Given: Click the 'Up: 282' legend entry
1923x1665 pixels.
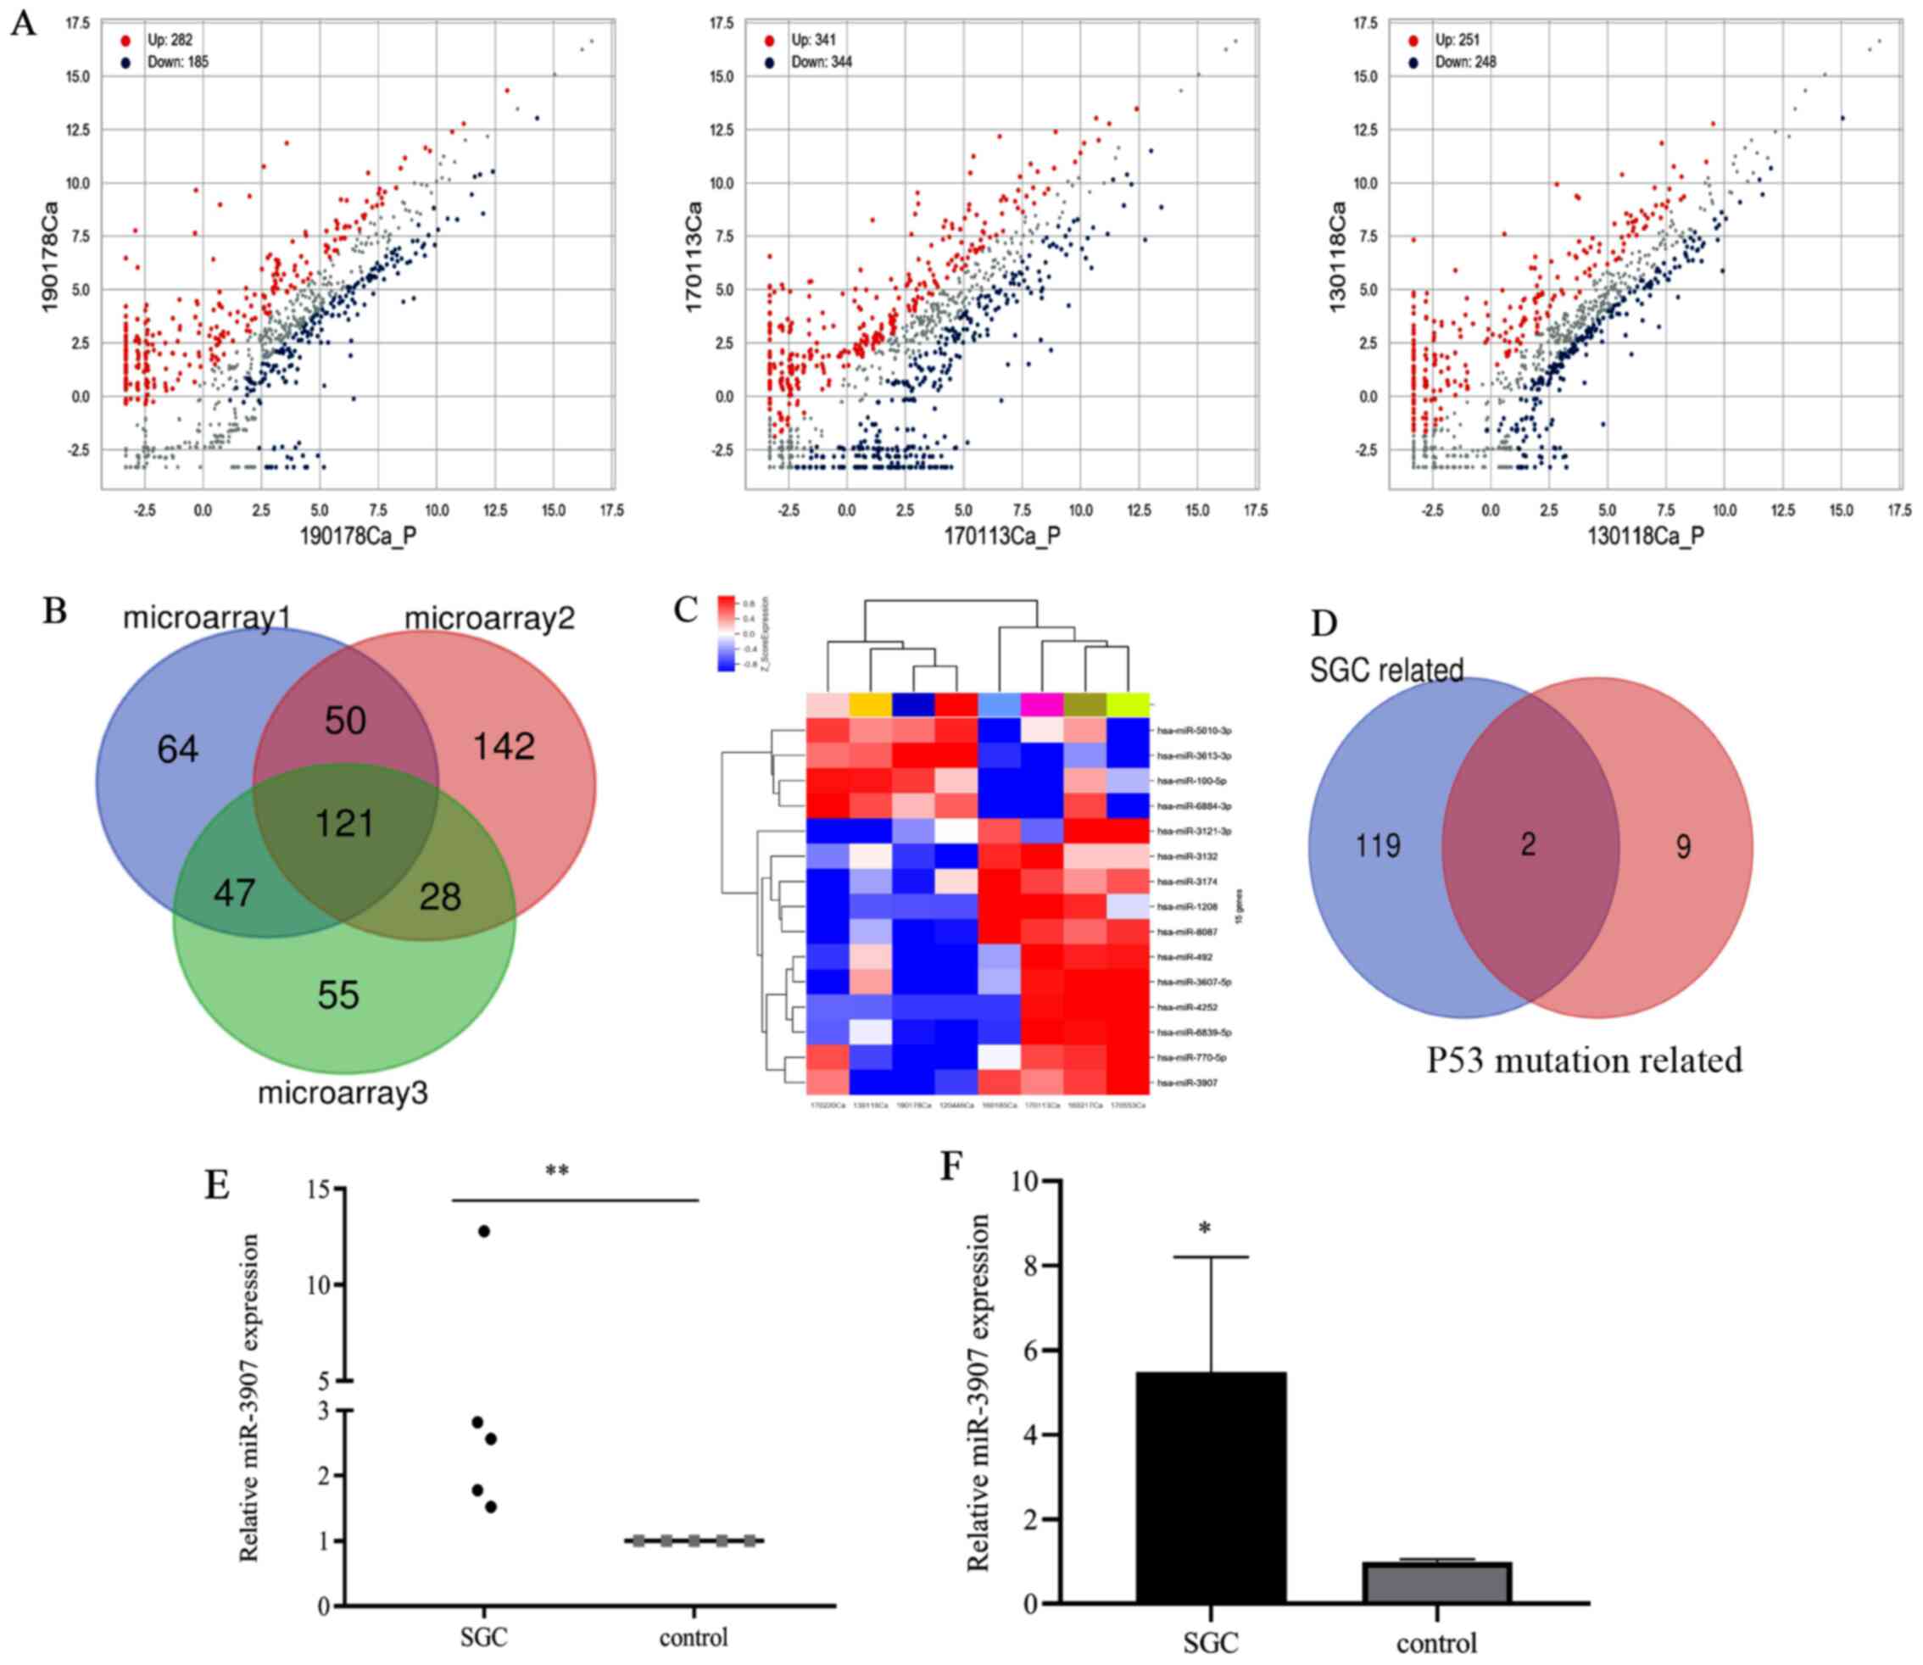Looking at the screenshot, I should click(170, 40).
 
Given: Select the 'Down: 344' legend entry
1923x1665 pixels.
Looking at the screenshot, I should click(821, 62).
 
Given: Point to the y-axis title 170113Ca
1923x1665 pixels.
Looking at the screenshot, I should click(694, 256).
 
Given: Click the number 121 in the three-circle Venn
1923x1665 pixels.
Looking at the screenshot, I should click(345, 823).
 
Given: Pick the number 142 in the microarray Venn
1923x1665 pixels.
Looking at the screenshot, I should click(504, 746).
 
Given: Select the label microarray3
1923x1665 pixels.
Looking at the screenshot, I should click(342, 1093).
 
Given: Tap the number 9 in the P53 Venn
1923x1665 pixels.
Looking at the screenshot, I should click(1682, 846).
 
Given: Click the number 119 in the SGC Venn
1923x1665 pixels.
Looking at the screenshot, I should click(1378, 845).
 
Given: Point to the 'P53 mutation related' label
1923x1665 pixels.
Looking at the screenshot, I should click(1584, 1061).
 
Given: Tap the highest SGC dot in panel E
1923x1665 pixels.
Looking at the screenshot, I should click(483, 1231).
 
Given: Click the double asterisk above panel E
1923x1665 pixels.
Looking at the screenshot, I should click(557, 1172).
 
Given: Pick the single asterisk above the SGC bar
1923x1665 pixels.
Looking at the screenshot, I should click(1205, 1230).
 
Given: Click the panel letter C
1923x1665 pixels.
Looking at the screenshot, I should click(686, 610).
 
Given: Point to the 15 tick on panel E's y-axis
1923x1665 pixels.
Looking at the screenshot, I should click(322, 1189).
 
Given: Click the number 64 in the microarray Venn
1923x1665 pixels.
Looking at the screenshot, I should click(177, 749).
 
